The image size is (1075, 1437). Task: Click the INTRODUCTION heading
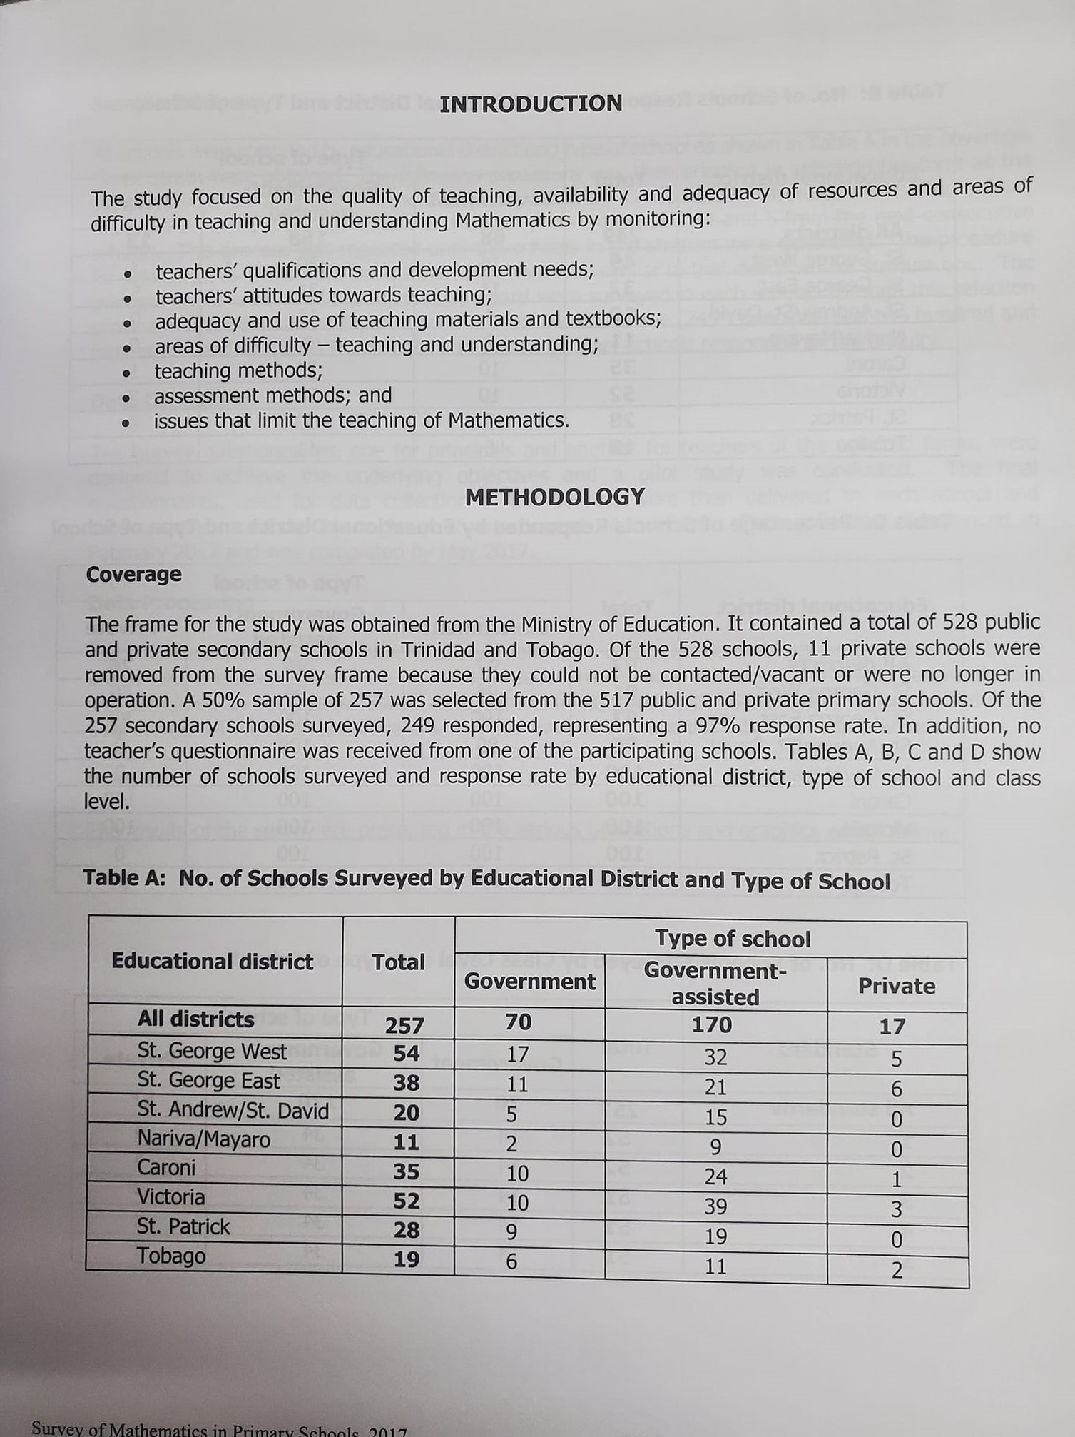531,104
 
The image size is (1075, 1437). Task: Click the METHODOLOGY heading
555,497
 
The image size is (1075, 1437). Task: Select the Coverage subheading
133,575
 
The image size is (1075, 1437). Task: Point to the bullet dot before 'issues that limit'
126,423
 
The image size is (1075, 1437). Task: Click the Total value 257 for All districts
404,1026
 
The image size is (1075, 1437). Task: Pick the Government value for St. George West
517,1054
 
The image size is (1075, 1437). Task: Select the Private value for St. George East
897,1089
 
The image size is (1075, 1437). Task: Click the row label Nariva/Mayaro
204,1139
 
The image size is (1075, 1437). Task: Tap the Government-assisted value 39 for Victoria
715,1206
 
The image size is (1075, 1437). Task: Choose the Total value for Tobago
407,1260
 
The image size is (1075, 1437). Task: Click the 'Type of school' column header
733,939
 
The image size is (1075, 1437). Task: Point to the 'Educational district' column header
212,962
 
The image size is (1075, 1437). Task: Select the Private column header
897,986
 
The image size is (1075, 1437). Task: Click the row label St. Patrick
183,1226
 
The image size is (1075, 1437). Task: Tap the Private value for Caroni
897,1179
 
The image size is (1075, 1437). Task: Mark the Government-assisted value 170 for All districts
712,1025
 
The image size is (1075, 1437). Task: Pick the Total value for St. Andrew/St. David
407,1113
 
